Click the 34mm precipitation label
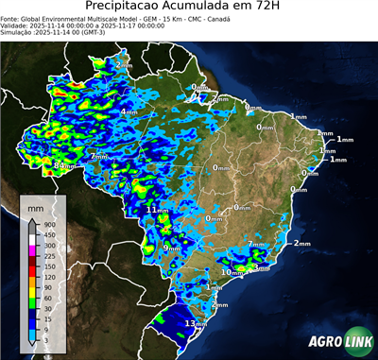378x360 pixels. [65, 166]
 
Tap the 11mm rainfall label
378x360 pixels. [157, 210]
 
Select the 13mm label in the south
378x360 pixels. [196, 323]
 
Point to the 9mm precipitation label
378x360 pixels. [172, 248]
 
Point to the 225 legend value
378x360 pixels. [50, 256]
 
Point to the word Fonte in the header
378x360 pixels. [11, 16]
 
